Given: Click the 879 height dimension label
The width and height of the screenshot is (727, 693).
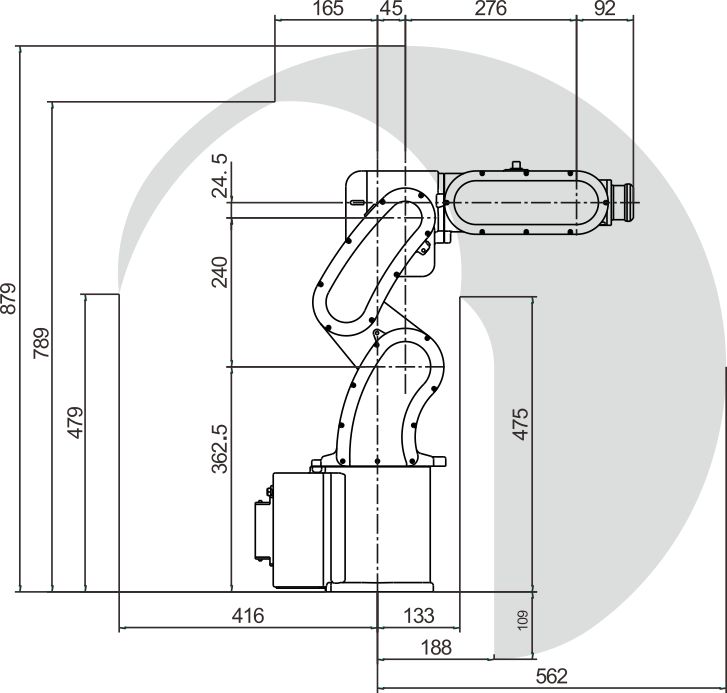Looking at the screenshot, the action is tap(9, 298).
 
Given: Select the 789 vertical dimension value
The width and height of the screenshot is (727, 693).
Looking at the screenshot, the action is tap(42, 343).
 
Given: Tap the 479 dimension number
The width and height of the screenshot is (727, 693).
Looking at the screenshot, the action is tap(76, 422).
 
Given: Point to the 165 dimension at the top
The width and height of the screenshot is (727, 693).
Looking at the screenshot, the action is tap(328, 8).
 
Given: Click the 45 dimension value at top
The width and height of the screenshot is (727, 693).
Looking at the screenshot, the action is tap(391, 8).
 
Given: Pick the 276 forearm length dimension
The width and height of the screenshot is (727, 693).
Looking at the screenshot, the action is tap(491, 8).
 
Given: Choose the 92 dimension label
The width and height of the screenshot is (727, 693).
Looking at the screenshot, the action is tap(605, 8).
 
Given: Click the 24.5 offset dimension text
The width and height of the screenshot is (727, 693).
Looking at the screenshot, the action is tap(220, 176).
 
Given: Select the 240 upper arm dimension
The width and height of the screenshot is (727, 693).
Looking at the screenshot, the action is tap(220, 272).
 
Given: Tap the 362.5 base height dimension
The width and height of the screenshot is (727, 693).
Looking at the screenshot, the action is tap(220, 448).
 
